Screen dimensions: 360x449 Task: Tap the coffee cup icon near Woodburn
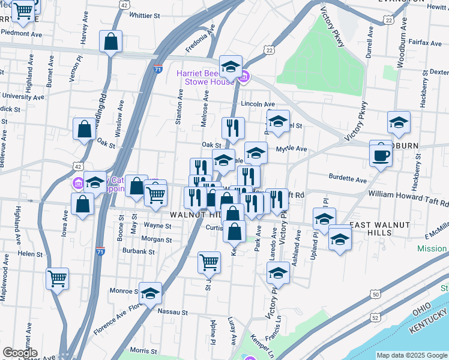(381, 155)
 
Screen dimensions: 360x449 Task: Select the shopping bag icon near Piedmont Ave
(111, 43)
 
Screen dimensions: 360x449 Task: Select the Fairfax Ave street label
(425, 43)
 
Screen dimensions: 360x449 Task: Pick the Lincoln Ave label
(258, 104)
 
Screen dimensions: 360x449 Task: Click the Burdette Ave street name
(348, 179)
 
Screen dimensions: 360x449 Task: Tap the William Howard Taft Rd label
(408, 194)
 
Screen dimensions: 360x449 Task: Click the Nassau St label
(173, 313)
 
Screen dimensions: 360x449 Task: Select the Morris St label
(143, 350)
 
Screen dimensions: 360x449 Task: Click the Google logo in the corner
(20, 353)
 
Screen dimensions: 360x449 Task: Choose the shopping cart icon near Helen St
(57, 278)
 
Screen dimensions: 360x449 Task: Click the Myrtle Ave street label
(291, 149)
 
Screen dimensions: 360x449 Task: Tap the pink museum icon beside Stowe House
(244, 77)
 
